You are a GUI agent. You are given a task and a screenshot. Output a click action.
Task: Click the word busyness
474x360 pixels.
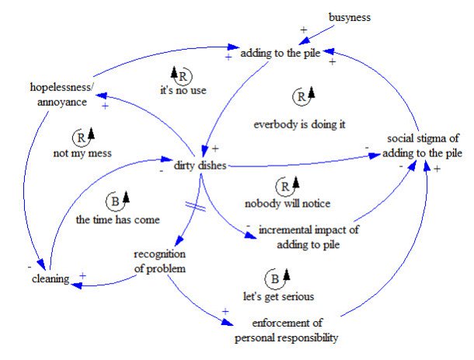pos(350,16)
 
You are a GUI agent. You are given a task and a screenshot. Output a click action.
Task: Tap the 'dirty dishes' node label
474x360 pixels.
pos(194,165)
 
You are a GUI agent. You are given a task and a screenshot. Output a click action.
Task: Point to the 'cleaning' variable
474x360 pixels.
pos(51,278)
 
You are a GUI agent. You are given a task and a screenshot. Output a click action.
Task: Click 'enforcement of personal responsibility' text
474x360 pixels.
pos(288,330)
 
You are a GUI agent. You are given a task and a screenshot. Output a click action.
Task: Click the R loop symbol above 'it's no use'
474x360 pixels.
pos(180,75)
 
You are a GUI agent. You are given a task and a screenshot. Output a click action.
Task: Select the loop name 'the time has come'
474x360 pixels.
pos(118,220)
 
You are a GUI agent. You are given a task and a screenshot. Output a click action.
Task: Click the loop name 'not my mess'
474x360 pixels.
pos(84,153)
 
